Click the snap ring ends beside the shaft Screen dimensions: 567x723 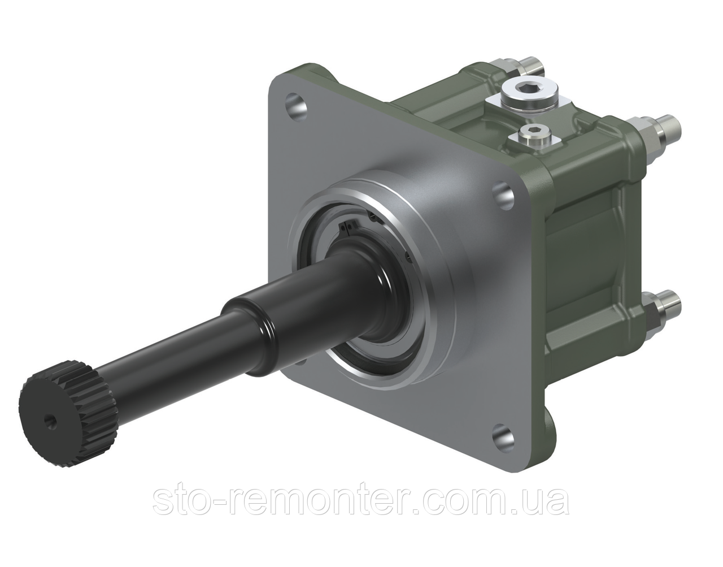coord(347,228)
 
